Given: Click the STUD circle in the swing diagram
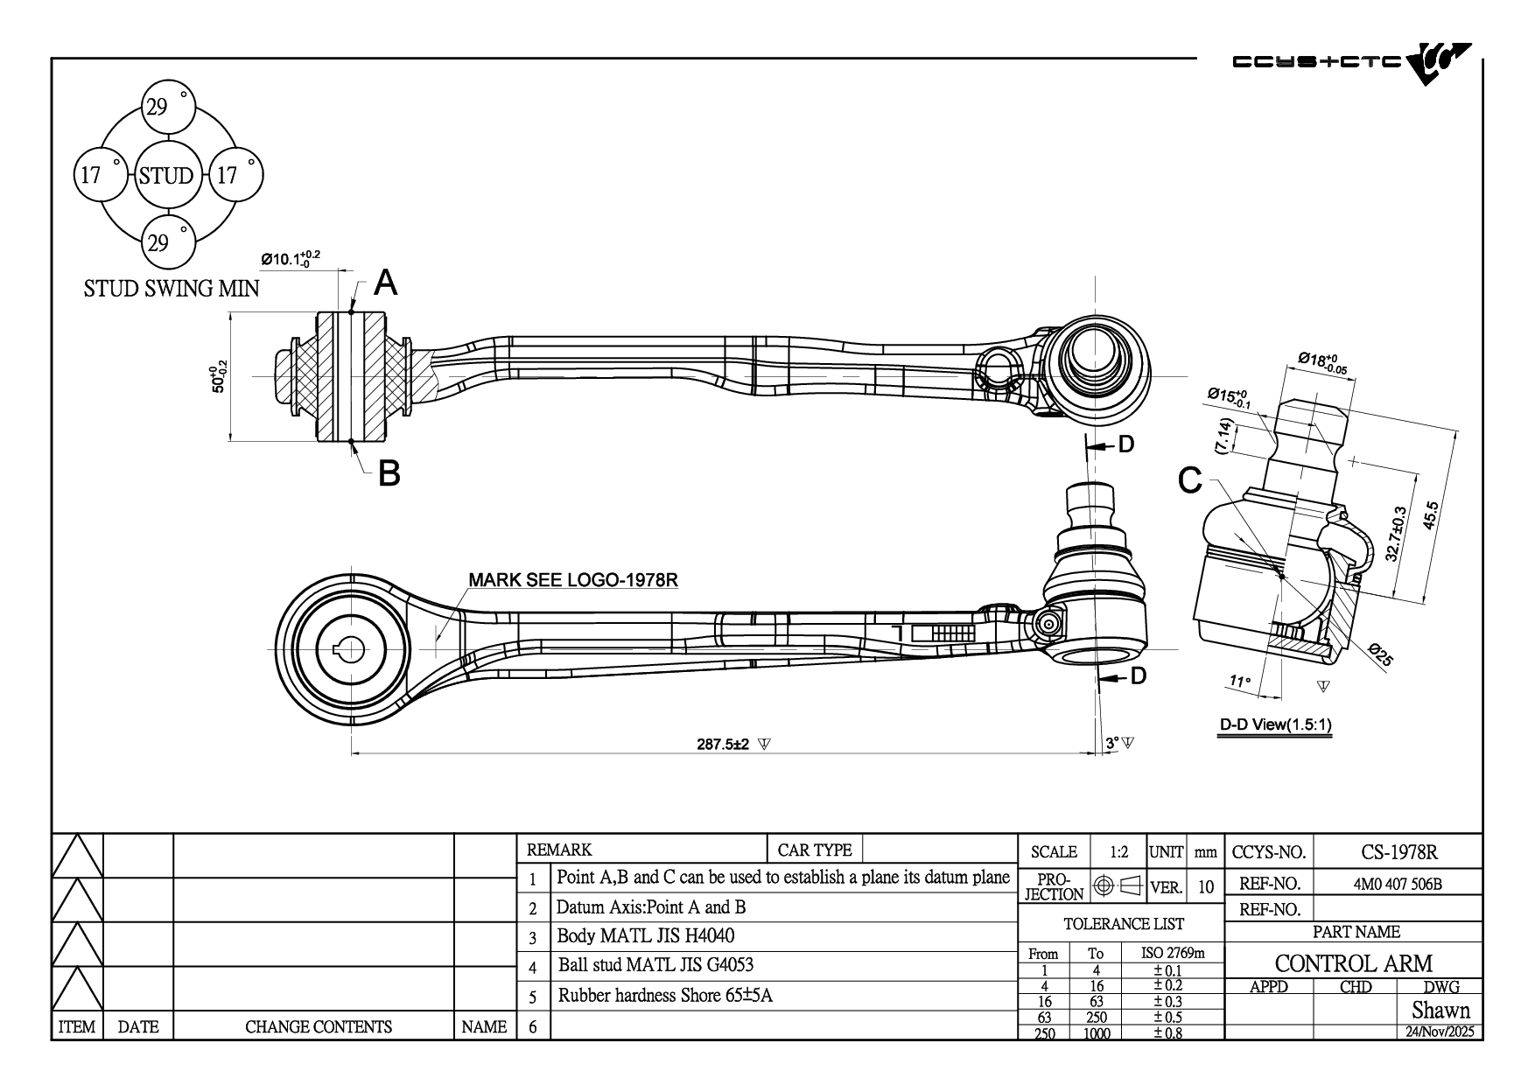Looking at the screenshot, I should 165,175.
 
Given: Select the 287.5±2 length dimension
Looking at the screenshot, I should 723,745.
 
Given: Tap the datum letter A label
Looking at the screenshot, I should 386,283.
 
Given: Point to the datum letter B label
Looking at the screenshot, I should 389,473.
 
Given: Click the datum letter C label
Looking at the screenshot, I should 1190,479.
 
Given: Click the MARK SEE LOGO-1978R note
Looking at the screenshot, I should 573,580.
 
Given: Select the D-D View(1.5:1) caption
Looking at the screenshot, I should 1276,724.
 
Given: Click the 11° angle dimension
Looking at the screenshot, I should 1240,681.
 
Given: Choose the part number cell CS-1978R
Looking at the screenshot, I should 1399,851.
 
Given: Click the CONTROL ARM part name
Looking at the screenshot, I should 1353,963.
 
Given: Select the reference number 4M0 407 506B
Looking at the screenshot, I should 1398,884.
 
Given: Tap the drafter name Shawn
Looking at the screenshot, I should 1440,1010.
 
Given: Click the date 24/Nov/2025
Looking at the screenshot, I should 1440,1032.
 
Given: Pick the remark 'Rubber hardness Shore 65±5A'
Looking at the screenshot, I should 665,995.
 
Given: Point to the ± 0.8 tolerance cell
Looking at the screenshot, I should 1167,1032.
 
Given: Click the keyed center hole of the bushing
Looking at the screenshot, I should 351,649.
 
